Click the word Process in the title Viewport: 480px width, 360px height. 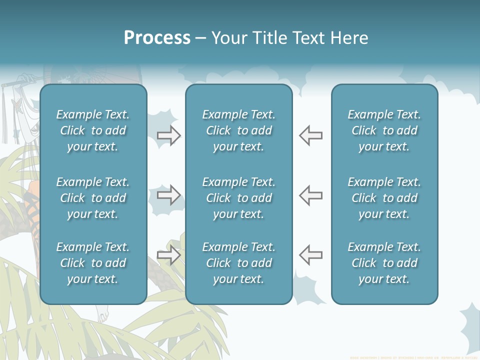tap(157, 38)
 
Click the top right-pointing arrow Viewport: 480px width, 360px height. tap(169, 135)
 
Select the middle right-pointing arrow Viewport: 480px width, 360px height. tap(169, 195)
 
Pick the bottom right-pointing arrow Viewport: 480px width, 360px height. tap(169, 255)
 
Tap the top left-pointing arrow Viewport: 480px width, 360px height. tap(310, 135)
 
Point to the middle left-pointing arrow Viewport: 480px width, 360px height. tap(310, 195)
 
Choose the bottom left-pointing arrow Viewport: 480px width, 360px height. tap(310, 255)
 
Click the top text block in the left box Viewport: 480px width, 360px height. tap(93, 130)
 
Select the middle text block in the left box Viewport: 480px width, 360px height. tap(93, 198)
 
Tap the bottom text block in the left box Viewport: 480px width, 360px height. tap(93, 263)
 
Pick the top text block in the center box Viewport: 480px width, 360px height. tap(238, 130)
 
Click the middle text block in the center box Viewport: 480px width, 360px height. tap(238, 198)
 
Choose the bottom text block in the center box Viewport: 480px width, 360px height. tap(238, 263)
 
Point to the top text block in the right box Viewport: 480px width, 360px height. tap(384, 130)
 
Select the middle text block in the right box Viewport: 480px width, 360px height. tap(384, 198)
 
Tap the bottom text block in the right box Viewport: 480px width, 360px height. tap(384, 263)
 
